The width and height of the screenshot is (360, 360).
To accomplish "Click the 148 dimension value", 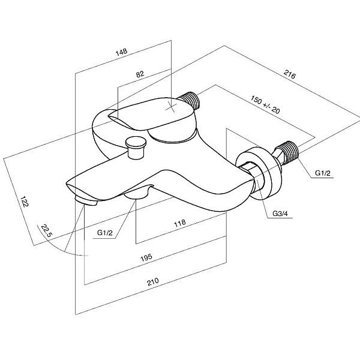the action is [121, 52].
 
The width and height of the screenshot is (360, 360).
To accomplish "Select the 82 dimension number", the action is [140, 74].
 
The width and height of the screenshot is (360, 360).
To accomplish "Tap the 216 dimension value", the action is [290, 74].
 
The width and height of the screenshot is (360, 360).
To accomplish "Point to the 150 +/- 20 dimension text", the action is [265, 104].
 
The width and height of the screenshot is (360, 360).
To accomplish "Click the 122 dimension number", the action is [25, 202].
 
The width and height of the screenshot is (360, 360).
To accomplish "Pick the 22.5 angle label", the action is [47, 230].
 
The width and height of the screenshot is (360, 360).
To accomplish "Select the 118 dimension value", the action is [180, 223].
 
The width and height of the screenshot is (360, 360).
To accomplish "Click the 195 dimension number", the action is [146, 257].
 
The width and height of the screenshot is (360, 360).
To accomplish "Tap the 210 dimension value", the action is [153, 281].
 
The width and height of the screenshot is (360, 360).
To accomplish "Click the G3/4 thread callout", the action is [280, 214].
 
